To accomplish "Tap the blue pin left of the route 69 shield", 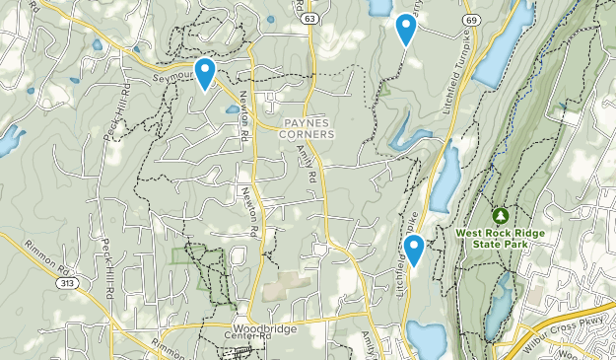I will point(405,29).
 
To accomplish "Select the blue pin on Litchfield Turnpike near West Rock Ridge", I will point(415,251).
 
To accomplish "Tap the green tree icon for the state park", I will point(500,215).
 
